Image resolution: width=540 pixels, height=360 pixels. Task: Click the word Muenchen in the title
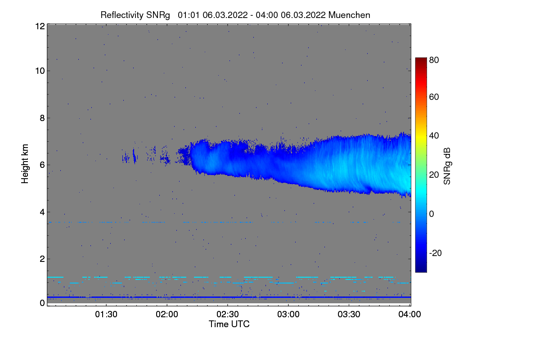coord(349,15)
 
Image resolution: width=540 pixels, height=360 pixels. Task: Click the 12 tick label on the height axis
coord(40,26)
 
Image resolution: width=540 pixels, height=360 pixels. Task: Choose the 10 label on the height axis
coord(40,71)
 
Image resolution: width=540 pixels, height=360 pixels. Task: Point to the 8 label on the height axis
coord(42,118)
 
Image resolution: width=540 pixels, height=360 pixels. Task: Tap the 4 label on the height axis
coord(42,212)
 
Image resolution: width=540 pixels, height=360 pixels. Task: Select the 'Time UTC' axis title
coord(229,324)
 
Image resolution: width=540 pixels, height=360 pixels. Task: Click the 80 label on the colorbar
coord(434,59)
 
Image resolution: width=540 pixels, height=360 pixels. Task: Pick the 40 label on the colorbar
coord(434,135)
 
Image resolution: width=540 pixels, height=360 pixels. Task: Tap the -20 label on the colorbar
coord(435,253)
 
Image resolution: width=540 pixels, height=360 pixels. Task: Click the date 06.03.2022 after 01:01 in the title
coord(225,15)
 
